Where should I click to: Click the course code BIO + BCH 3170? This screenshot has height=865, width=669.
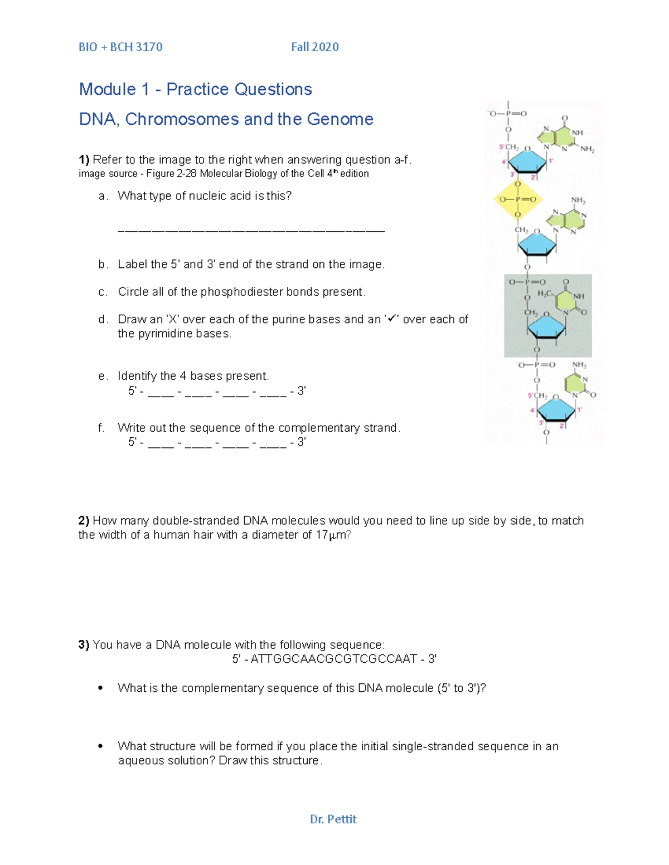point(120,47)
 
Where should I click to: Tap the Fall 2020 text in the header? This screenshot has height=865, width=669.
point(314,47)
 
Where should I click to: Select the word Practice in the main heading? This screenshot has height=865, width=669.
point(197,89)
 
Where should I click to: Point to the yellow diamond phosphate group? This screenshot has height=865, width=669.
point(517,199)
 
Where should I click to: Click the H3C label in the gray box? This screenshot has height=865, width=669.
point(545,293)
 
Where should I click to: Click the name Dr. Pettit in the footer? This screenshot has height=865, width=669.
point(333,819)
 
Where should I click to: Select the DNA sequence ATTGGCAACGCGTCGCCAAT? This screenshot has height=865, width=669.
point(333,659)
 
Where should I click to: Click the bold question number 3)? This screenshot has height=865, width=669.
point(84,645)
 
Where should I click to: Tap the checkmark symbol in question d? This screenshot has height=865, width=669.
point(391,319)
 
